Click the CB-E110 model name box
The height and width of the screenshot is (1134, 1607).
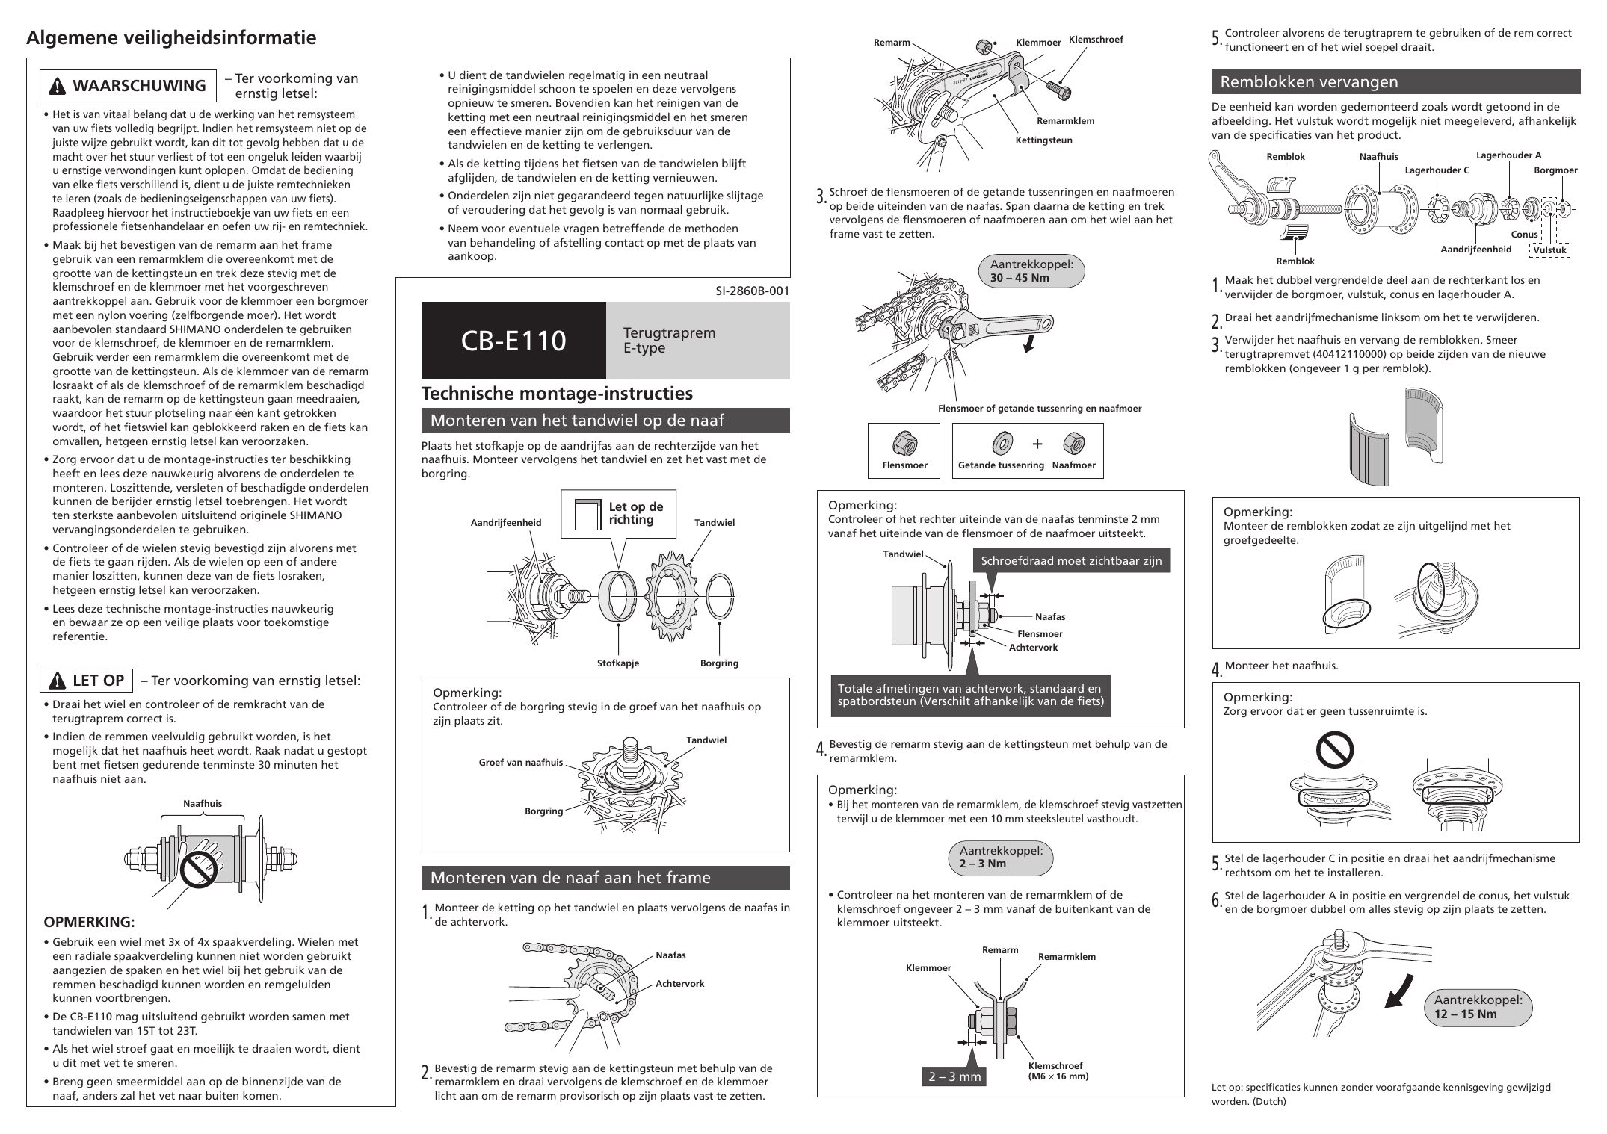(x=513, y=341)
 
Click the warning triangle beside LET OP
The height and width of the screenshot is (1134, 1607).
(x=57, y=681)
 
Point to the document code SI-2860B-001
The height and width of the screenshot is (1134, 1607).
(x=752, y=291)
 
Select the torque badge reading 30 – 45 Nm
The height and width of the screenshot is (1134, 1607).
(x=1031, y=271)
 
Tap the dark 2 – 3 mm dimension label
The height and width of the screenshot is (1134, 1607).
(x=954, y=1076)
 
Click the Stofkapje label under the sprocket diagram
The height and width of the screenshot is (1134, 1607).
(x=618, y=663)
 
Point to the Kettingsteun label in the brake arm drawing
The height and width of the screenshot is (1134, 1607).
(x=1043, y=140)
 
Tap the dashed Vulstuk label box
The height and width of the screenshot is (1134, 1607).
(x=1549, y=250)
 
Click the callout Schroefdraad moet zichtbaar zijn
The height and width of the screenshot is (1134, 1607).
(x=1071, y=561)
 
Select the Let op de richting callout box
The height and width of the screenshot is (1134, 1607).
(x=618, y=514)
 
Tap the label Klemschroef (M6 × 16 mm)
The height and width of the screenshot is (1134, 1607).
(x=1058, y=1071)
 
